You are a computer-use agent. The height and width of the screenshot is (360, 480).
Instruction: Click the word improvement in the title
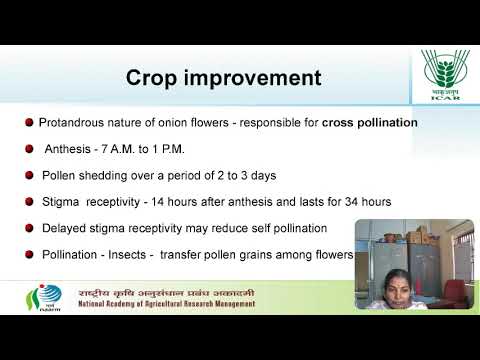coord(257,78)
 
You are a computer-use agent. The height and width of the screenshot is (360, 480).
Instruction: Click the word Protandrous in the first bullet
coord(74,123)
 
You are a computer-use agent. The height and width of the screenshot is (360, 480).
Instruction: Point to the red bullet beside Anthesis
coord(29,150)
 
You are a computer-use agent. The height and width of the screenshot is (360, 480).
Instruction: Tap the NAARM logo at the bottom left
coord(41,297)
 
